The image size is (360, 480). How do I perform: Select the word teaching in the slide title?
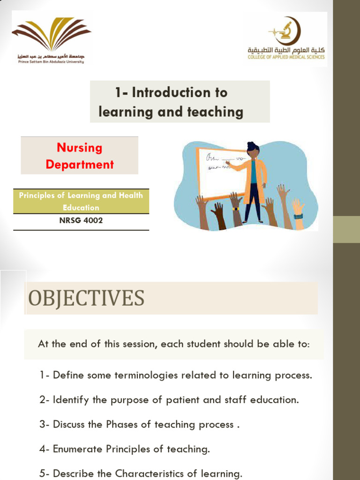[214, 112]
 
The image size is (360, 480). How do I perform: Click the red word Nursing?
[79, 148]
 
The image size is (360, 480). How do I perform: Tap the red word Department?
[80, 165]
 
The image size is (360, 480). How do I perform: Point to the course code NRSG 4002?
[81, 220]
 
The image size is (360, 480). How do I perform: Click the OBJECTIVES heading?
[87, 298]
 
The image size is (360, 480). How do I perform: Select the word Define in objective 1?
[67, 375]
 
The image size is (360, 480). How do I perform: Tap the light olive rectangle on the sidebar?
[346, 229]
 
